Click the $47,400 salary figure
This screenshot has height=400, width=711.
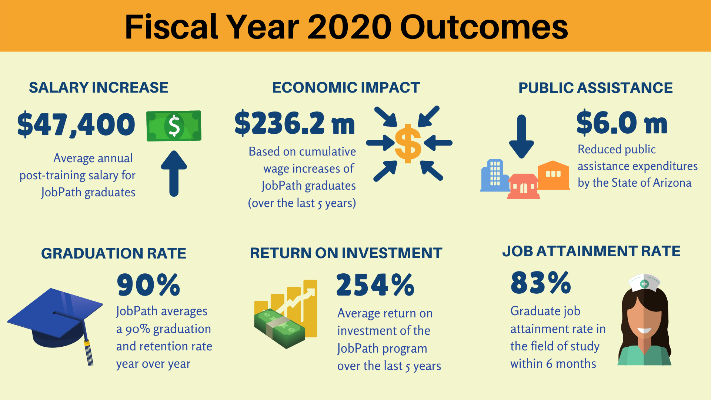(76, 124)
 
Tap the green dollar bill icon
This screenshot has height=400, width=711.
(174, 126)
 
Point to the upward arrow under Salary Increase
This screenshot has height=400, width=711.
(174, 173)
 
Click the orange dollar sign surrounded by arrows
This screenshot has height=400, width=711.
(408, 143)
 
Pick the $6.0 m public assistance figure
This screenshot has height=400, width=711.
(622, 123)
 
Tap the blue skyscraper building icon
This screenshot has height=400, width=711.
(494, 176)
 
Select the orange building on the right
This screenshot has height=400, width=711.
(554, 175)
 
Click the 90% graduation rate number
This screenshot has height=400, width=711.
(148, 285)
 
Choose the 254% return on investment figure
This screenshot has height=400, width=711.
(375, 285)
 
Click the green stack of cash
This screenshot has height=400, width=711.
(280, 329)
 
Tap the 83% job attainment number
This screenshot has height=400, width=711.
(541, 283)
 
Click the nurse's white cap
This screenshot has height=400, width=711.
(644, 283)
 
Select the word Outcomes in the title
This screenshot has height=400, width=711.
(484, 27)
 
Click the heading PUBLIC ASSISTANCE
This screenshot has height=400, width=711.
(595, 88)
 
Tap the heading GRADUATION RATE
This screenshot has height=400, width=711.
(114, 253)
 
